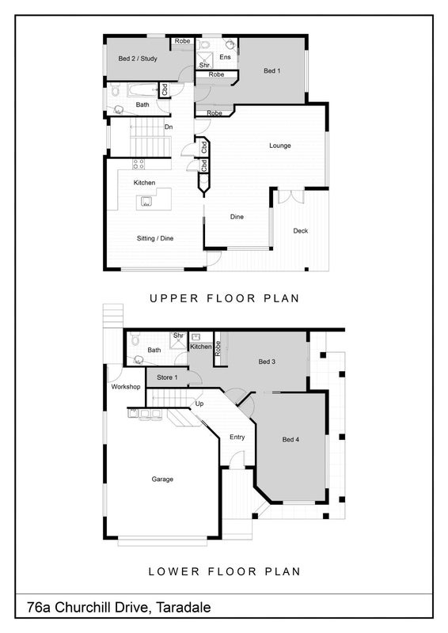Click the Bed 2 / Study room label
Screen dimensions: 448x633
click(x=138, y=59)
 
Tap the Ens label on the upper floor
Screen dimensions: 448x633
click(x=225, y=57)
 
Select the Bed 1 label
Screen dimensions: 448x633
click(x=271, y=70)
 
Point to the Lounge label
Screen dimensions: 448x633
click(x=280, y=146)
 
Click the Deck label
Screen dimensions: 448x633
click(x=301, y=231)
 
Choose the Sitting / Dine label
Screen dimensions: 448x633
click(x=155, y=238)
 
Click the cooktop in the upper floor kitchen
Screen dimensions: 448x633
click(x=139, y=164)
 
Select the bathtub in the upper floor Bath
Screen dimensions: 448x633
click(x=142, y=90)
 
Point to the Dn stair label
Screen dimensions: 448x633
click(x=169, y=127)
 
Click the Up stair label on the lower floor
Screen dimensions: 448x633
click(x=199, y=404)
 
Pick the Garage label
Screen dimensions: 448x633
click(x=162, y=479)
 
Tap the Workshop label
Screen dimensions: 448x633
click(x=126, y=387)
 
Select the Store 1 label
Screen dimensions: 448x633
click(x=167, y=377)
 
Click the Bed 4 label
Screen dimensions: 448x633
click(x=290, y=440)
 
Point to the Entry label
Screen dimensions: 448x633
click(x=237, y=438)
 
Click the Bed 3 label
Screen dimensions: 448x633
click(x=267, y=362)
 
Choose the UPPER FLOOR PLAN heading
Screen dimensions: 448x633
click(x=225, y=298)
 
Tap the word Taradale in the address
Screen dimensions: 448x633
click(x=184, y=607)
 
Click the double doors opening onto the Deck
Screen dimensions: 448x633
click(x=291, y=195)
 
